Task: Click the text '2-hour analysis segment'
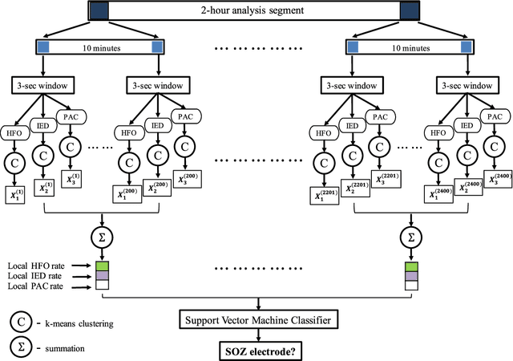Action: point(256,10)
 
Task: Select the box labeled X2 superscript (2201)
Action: point(353,188)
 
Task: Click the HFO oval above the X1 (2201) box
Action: point(325,133)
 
